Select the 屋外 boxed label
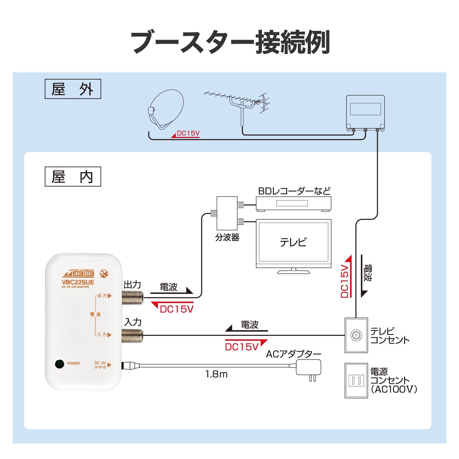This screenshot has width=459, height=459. pyautogui.click(x=73, y=89)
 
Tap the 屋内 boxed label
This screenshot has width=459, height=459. pyautogui.click(x=73, y=176)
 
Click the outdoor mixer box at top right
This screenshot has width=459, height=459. pyautogui.click(x=365, y=112)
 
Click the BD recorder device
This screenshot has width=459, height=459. pyautogui.click(x=294, y=203)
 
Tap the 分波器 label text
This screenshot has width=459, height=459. pyautogui.click(x=227, y=237)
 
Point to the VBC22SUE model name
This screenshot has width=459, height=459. pyautogui.click(x=78, y=282)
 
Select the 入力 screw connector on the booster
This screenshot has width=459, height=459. pyautogui.click(x=133, y=336)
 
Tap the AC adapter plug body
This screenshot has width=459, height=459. pyautogui.click(x=308, y=367)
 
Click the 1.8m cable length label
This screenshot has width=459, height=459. pyautogui.click(x=216, y=374)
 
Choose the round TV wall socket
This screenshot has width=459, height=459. pyautogui.click(x=356, y=335)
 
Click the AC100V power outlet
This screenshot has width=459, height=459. pyautogui.click(x=356, y=381)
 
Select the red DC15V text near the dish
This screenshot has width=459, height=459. pyautogui.click(x=188, y=133)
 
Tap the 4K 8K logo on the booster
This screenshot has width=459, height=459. pyautogui.click(x=83, y=274)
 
